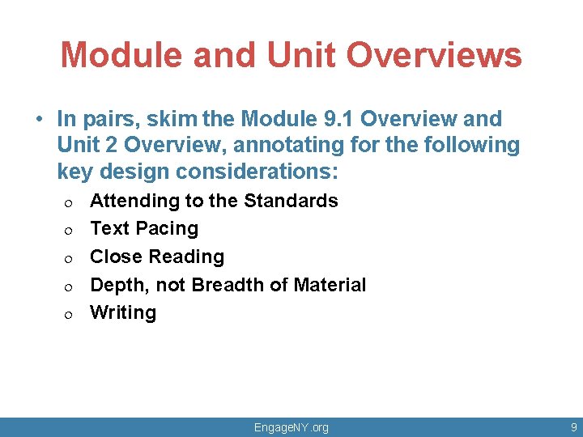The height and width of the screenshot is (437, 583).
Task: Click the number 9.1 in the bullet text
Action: click(334, 119)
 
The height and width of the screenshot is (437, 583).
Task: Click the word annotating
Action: click(351, 146)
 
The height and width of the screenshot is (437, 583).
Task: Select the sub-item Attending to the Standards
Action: click(214, 201)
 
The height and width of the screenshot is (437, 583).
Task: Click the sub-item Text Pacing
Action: click(144, 229)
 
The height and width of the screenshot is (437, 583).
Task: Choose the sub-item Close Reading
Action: click(157, 257)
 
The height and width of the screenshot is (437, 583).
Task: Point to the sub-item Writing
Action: click(123, 313)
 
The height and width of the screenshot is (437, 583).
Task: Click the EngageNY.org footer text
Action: click(291, 427)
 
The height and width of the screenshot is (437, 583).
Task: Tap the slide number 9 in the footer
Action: click(573, 427)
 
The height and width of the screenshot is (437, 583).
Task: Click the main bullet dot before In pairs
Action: click(39, 120)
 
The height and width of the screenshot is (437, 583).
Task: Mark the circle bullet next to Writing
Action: click(70, 315)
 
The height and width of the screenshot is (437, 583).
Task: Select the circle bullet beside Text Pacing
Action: click(70, 231)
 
